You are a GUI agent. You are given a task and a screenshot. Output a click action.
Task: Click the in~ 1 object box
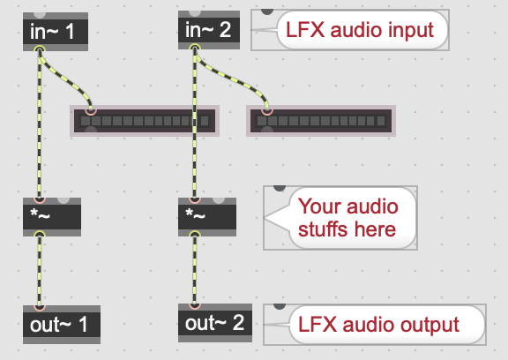[x=56, y=32]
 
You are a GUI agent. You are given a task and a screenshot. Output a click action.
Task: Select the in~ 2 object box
[x=209, y=30]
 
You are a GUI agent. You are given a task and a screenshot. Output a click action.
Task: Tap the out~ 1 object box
[x=62, y=325]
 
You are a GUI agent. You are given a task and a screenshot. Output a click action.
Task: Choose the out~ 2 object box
[x=215, y=323]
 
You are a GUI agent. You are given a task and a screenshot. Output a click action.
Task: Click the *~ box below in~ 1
[x=52, y=217]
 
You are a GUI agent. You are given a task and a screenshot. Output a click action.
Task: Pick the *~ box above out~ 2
[x=207, y=217]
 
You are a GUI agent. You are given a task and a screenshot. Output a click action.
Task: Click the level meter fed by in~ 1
[x=145, y=121]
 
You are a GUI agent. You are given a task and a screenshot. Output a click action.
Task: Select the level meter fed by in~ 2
[x=321, y=121]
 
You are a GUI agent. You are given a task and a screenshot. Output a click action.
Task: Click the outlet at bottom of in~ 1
[x=40, y=50]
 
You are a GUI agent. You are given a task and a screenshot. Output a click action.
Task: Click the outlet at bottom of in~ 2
[x=195, y=49]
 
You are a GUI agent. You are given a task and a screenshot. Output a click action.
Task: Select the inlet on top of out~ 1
[x=40, y=307]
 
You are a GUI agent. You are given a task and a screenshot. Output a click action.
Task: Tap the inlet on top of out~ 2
[x=195, y=305]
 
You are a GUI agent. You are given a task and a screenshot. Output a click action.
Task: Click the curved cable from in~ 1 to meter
[x=66, y=79]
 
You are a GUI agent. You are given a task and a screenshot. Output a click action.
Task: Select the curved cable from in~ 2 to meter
[x=231, y=78]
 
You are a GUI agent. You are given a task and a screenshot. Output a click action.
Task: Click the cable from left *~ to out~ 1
[x=40, y=270]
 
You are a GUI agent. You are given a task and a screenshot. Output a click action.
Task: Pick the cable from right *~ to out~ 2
[x=195, y=269]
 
